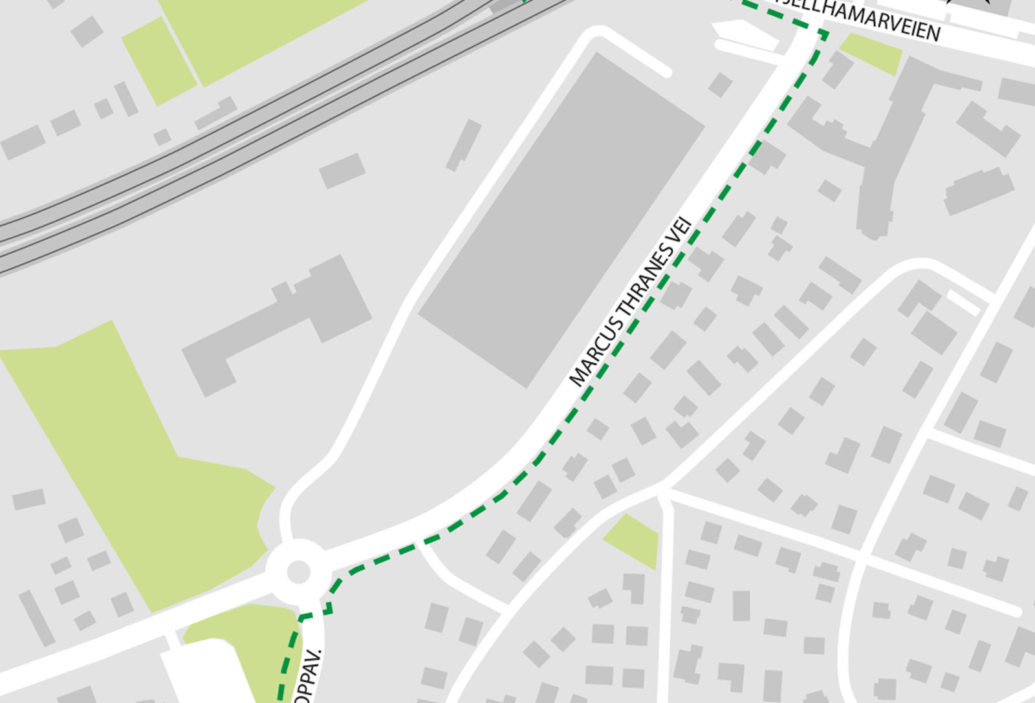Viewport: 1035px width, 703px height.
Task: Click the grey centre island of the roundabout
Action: point(298,572)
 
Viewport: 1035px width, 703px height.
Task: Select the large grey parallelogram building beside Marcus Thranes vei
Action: point(561,220)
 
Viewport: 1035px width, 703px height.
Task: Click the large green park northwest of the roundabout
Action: point(129,453)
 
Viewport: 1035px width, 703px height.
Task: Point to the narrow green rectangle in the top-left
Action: point(158,61)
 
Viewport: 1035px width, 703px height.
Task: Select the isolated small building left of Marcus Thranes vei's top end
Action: point(720,85)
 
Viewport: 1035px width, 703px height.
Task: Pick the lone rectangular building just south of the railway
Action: point(342,171)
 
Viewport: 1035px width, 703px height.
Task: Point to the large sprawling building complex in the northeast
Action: point(886,129)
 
